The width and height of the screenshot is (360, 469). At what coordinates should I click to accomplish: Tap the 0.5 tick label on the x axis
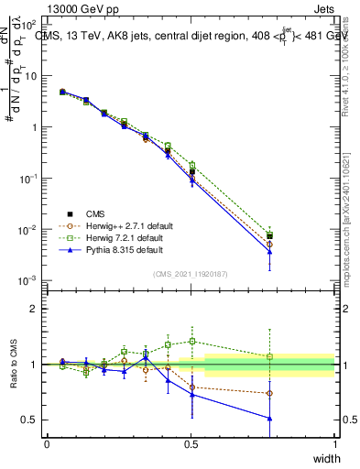191,443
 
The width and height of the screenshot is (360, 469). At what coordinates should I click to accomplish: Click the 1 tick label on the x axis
334,443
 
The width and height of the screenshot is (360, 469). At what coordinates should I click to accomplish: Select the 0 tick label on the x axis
47,443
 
